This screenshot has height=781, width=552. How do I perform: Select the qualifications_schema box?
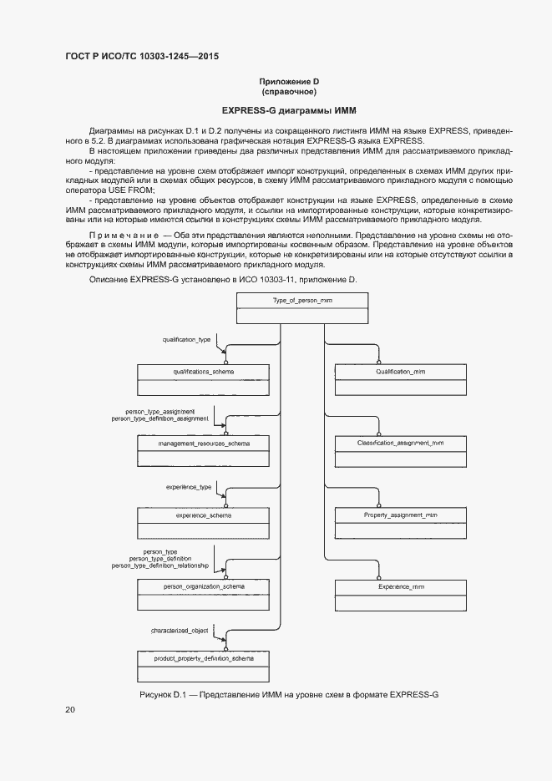[203, 378]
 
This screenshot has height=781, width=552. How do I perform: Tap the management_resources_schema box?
[203, 451]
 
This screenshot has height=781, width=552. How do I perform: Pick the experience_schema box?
[203, 523]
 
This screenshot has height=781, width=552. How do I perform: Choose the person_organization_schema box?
[203, 595]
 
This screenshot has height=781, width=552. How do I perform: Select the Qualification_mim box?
[400, 378]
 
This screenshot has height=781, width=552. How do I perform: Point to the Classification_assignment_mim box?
[400, 451]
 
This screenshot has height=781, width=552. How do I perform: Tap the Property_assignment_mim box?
[400, 523]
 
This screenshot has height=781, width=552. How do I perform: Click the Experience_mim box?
[400, 595]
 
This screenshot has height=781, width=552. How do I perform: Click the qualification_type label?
[186, 340]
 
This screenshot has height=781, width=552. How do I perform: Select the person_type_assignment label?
[160, 412]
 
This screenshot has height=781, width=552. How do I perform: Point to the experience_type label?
[188, 485]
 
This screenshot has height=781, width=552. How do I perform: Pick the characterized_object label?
[180, 630]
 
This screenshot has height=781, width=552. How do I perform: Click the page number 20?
[70, 710]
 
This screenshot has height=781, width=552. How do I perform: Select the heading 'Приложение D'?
[289, 81]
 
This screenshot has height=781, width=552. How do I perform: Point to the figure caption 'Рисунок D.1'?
[288, 695]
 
